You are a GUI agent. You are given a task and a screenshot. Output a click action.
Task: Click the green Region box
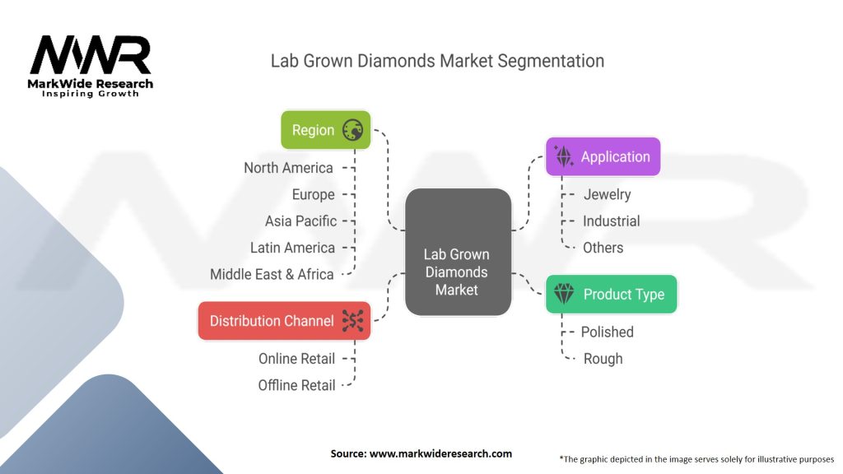click(x=325, y=130)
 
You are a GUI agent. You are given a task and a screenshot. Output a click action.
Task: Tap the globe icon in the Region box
click(x=352, y=130)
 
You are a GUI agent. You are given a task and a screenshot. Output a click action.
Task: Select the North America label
click(x=288, y=168)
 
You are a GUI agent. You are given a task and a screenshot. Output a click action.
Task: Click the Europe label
click(x=313, y=194)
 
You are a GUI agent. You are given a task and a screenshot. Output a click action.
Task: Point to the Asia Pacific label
click(x=300, y=221)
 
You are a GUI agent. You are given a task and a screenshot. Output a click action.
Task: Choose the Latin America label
click(x=292, y=248)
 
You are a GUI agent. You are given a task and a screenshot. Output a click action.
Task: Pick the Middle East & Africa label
click(x=272, y=274)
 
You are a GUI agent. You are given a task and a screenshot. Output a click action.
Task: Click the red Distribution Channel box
click(x=284, y=321)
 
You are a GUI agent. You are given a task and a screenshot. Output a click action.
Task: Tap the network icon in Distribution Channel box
click(x=352, y=321)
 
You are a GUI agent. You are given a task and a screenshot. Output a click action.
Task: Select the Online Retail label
click(x=296, y=358)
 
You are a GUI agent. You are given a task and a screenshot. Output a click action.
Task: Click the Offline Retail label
click(x=296, y=385)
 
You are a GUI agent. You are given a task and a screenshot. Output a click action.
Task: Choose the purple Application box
click(x=603, y=156)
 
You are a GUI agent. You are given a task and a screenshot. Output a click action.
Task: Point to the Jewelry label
click(x=607, y=194)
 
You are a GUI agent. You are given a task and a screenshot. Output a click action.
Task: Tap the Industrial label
click(x=611, y=221)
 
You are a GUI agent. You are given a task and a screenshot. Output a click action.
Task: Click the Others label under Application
click(x=603, y=248)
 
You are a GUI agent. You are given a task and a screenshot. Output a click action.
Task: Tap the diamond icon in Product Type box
click(x=564, y=295)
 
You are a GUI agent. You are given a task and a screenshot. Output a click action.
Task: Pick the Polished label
click(x=607, y=332)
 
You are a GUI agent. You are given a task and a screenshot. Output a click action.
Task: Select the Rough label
click(x=603, y=359)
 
